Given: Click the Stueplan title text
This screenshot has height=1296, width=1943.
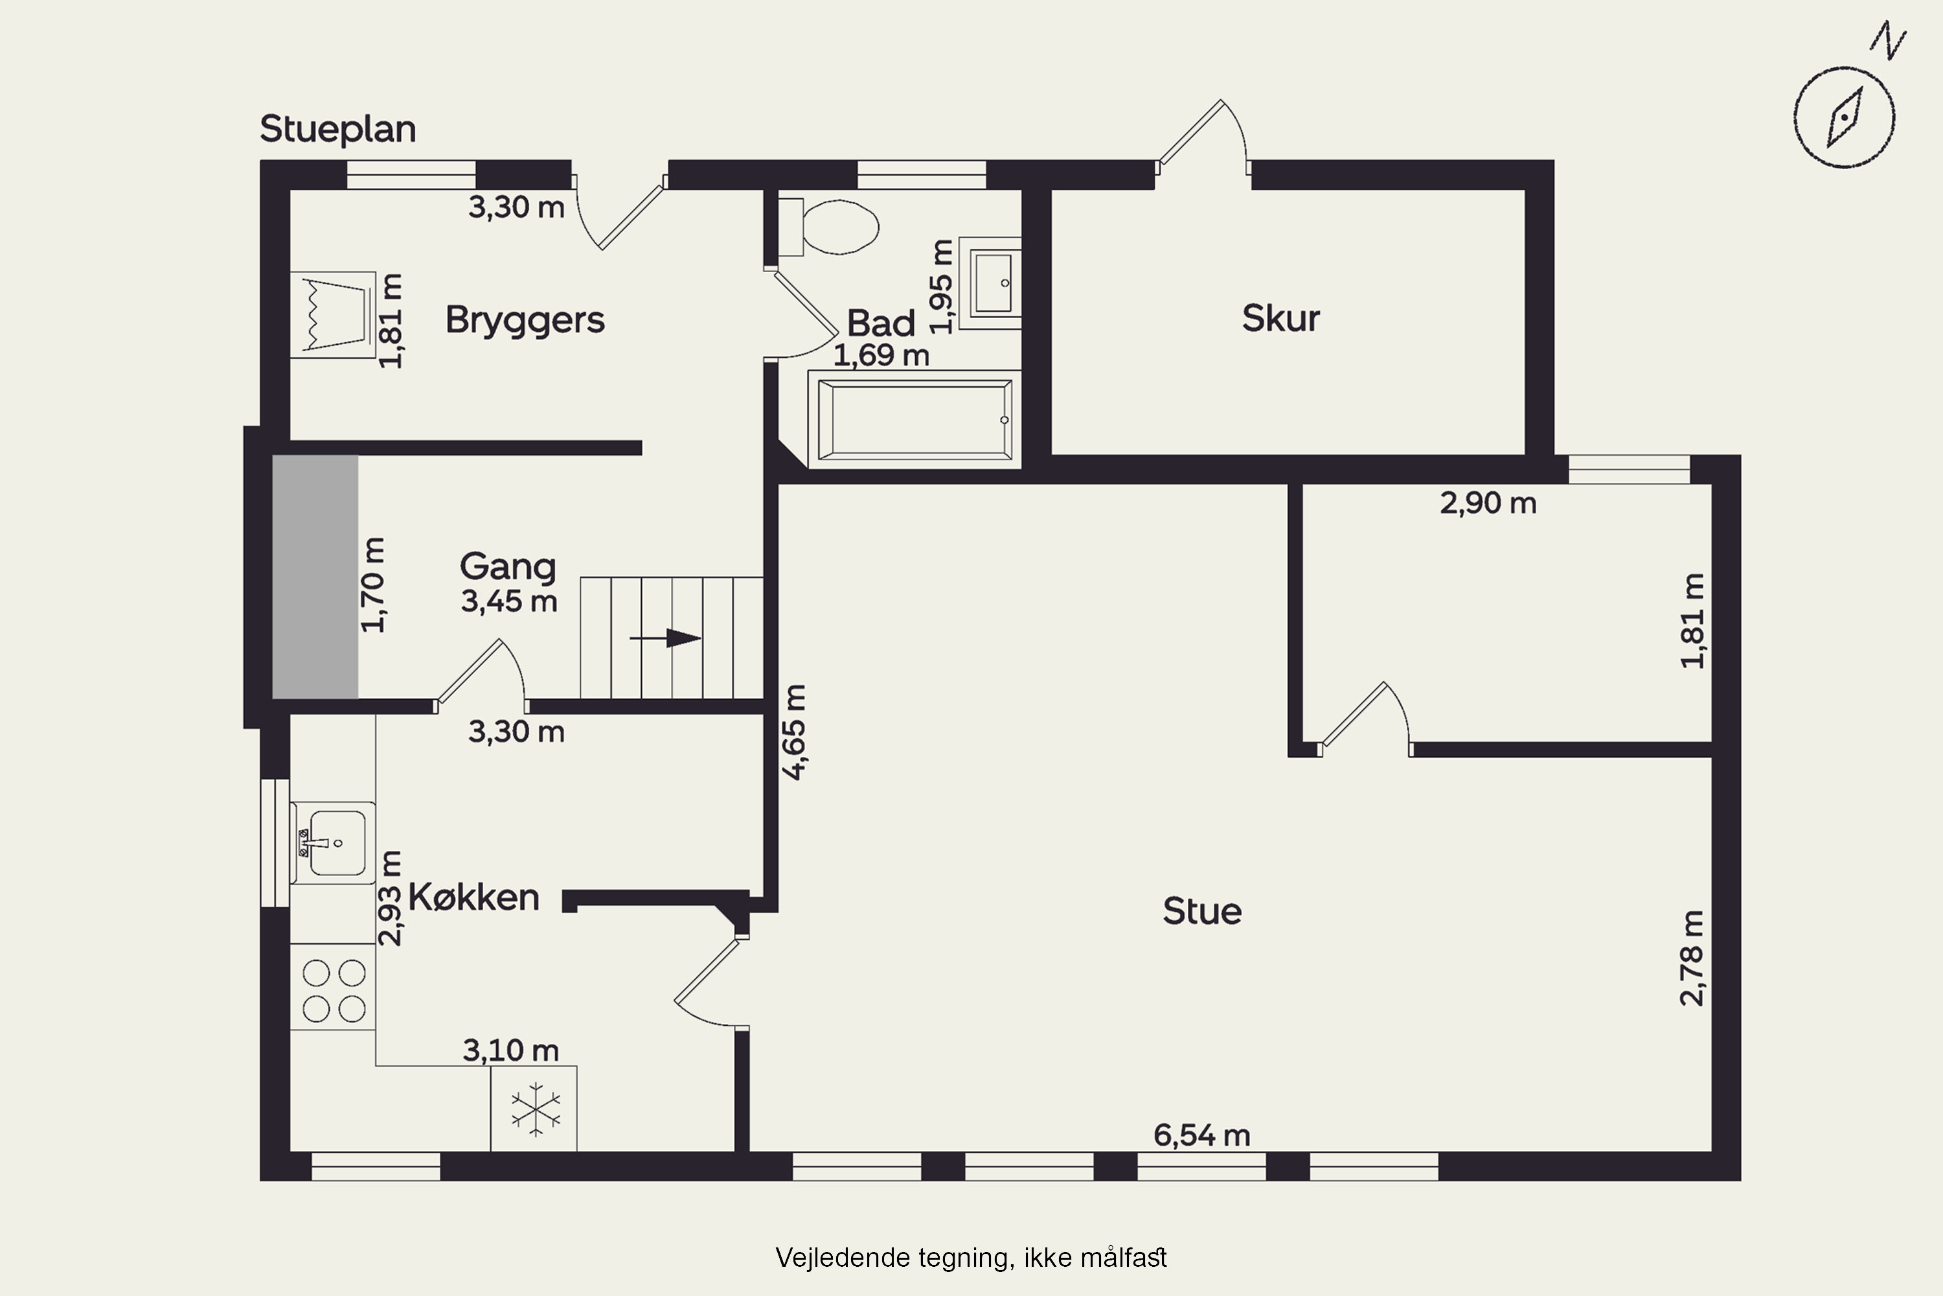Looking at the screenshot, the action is (338, 130).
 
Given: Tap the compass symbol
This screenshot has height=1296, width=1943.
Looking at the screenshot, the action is (1845, 117).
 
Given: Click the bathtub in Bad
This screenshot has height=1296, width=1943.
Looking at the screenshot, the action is (915, 420).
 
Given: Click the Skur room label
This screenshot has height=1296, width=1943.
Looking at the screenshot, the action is (1280, 318).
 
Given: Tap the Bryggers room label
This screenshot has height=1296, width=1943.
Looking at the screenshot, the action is (525, 320).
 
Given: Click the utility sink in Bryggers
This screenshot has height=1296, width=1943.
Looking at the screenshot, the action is (333, 315).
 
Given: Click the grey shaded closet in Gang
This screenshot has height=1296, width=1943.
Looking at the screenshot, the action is (315, 577).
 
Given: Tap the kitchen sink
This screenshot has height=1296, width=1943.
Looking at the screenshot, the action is (333, 843).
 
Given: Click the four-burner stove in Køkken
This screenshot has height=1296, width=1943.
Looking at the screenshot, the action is (333, 987).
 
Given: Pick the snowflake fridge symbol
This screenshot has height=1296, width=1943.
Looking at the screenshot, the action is (534, 1108).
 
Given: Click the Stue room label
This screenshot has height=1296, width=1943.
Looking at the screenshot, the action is (1202, 911).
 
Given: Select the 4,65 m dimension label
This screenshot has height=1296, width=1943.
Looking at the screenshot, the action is (794, 732).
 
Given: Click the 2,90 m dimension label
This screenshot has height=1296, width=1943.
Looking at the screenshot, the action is (1488, 503).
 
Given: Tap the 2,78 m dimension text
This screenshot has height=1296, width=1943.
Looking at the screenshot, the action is (1692, 958).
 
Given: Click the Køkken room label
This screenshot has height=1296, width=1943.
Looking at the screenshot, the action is (473, 897).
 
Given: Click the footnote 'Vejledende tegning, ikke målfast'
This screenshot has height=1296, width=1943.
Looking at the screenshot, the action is (971, 1257).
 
